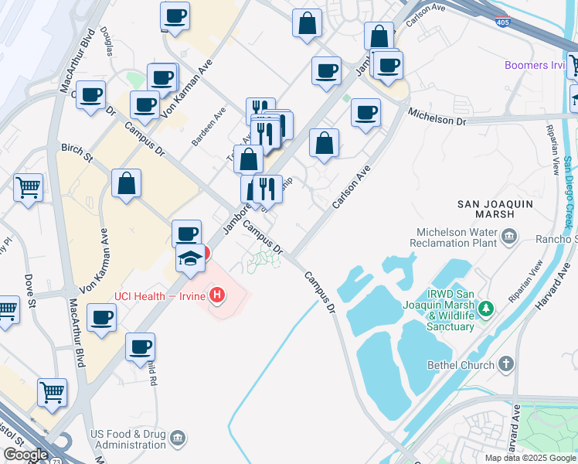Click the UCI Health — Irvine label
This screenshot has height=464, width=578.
point(160,295)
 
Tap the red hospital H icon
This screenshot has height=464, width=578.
point(218,295)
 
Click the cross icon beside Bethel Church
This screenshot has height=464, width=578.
point(505,363)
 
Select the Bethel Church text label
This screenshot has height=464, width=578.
point(460,364)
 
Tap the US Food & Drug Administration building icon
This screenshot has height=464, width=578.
point(178,439)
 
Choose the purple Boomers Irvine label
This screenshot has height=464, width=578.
point(535,65)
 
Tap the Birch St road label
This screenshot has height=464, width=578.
point(77,152)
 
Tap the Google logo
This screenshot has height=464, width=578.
point(25,455)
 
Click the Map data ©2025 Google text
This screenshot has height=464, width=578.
point(529,458)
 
